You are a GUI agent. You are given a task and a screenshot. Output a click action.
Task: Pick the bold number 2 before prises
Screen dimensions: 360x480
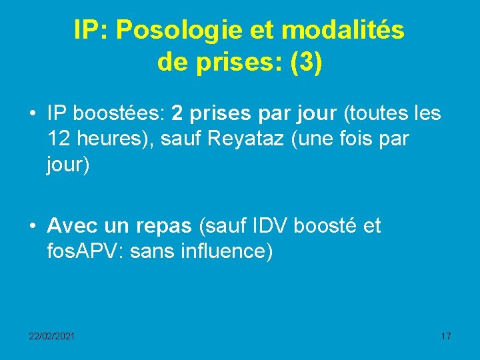pos(177,114)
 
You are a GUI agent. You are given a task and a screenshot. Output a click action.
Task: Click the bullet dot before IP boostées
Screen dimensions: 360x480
pos(32,114)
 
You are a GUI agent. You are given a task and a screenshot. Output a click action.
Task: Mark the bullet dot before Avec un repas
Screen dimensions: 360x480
pos(32,227)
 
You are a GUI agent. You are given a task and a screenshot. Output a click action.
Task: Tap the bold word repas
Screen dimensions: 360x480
pos(163,227)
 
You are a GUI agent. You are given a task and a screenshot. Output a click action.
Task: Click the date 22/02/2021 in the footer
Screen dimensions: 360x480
pos(51,336)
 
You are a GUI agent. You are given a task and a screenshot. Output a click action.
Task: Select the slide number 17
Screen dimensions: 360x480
pos(446,336)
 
